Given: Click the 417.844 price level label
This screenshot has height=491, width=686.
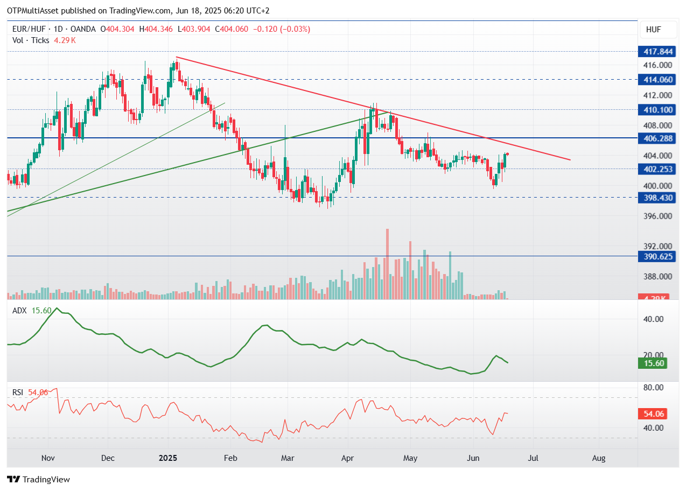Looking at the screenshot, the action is [657, 52].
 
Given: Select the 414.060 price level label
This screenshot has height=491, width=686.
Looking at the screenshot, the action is [657, 80].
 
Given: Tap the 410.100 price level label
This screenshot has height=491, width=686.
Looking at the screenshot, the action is [657, 110].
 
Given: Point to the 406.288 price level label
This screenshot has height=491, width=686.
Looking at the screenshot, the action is [657, 138].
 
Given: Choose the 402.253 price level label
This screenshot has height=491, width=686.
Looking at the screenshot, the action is [657, 169].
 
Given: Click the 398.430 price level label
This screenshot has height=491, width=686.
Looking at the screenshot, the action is [657, 198].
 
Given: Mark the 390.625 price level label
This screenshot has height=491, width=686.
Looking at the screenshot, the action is [657, 256].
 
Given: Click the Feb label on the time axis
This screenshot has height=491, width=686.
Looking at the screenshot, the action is [230, 458].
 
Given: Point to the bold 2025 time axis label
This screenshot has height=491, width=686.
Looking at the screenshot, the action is [168, 458].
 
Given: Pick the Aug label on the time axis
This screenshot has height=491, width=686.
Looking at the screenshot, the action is [599, 458].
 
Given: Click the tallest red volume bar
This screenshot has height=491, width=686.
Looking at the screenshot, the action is [387, 264].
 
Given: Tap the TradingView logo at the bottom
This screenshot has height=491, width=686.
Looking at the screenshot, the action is [39, 479].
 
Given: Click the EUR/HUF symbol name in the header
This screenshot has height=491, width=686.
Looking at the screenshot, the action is [29, 29].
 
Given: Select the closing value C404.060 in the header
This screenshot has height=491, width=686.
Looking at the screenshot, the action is [232, 29].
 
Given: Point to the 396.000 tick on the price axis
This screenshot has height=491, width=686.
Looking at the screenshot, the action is [657, 216].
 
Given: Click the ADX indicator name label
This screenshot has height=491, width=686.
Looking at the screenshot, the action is [19, 311].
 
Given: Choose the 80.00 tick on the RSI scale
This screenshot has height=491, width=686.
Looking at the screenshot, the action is [653, 388].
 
